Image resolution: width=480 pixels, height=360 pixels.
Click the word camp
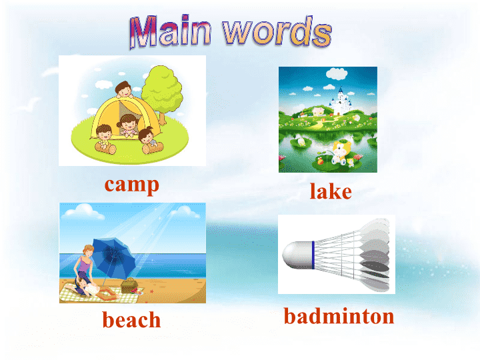tap(131, 185)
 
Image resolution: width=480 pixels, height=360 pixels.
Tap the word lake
tap(331, 191)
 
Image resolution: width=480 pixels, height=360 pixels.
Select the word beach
tap(131, 319)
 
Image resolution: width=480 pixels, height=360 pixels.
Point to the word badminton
tap(339, 315)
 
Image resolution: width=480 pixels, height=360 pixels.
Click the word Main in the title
tap(171, 31)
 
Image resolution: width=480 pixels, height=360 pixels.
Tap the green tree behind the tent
tap(162, 92)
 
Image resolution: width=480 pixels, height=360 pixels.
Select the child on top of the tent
tap(124, 89)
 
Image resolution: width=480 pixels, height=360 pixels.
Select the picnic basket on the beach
tap(129, 285)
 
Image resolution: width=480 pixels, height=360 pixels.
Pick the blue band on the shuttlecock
tap(313, 255)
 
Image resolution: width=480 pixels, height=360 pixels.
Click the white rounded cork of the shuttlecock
tap(297, 255)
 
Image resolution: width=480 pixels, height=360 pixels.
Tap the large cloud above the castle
tap(337, 73)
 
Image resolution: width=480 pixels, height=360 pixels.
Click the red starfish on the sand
tap(151, 291)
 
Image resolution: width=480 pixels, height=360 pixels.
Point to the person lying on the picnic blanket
tap(92, 289)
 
